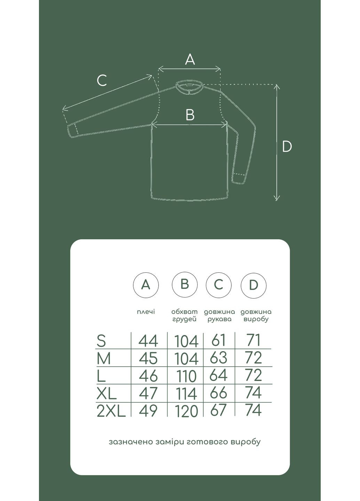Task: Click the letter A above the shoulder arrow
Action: click(x=190, y=59)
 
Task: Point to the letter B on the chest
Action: click(x=190, y=115)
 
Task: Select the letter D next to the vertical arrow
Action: click(x=287, y=146)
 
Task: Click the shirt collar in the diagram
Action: click(x=189, y=88)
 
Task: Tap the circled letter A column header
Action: click(x=146, y=285)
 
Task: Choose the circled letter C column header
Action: click(x=219, y=285)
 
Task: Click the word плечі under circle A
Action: click(x=146, y=312)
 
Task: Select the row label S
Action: click(x=101, y=341)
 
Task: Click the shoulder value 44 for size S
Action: click(x=148, y=341)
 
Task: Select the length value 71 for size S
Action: click(x=253, y=340)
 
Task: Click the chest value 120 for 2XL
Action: click(x=186, y=411)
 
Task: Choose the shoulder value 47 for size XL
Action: click(x=148, y=393)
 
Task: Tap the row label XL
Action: click(x=107, y=393)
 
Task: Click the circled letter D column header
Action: click(x=254, y=285)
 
